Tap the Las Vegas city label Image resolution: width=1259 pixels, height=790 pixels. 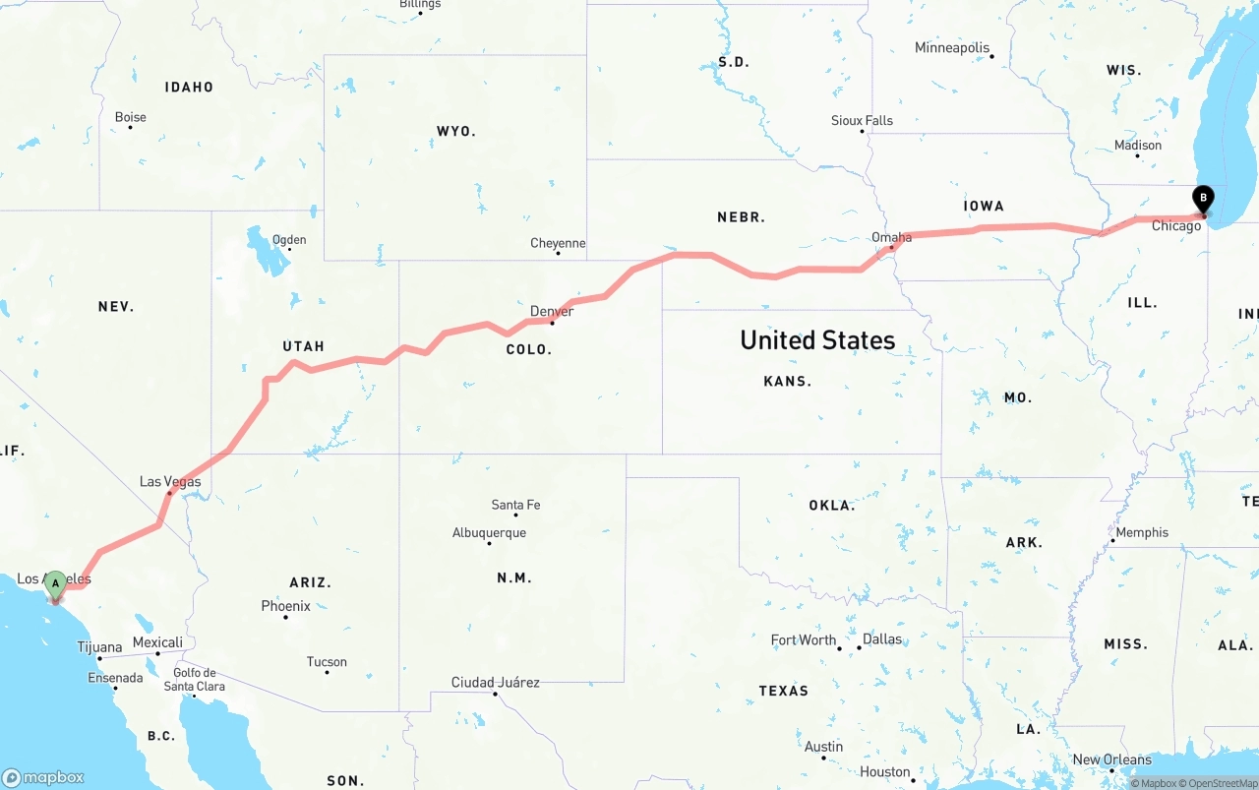tap(170, 482)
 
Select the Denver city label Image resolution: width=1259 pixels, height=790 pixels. tap(552, 312)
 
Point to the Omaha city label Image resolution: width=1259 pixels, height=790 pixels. tap(891, 237)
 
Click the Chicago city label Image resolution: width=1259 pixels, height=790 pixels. tap(1176, 226)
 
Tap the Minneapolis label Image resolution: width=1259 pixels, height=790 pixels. tap(952, 47)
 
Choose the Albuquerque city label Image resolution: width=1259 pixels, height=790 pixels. tap(489, 533)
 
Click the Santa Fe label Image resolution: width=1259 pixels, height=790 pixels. tap(515, 505)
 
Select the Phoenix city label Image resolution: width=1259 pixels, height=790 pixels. tap(286, 606)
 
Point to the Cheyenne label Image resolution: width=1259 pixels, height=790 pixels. tap(558, 243)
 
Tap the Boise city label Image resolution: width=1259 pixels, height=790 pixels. tap(131, 117)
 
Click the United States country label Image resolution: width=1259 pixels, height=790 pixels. tap(817, 340)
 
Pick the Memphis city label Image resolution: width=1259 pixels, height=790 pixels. tap(1142, 532)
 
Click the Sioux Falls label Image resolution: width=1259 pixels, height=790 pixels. tap(863, 120)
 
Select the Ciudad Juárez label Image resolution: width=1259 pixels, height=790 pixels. tap(495, 682)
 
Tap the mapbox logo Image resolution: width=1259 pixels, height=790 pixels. tap(43, 777)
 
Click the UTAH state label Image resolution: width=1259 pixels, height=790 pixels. tap(303, 346)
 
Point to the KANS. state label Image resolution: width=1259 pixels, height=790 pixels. tap(787, 381)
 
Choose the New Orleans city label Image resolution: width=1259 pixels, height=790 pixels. tap(1111, 760)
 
